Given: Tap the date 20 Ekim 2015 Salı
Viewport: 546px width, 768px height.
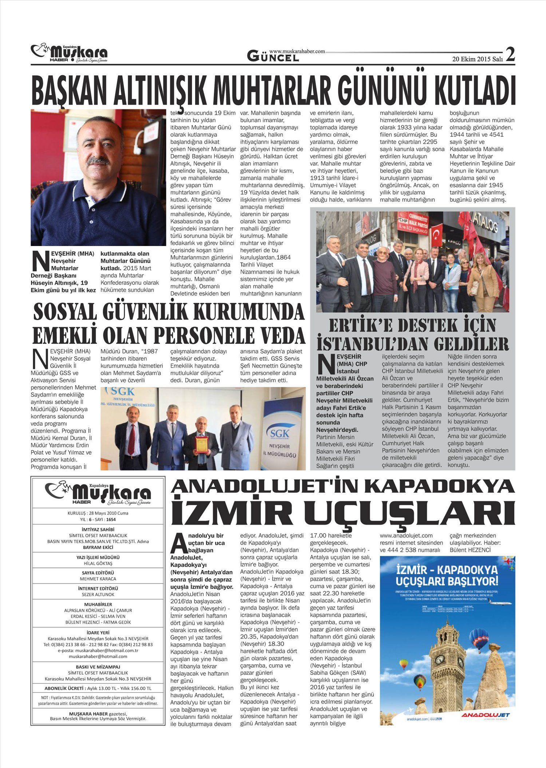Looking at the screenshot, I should click(x=477, y=59).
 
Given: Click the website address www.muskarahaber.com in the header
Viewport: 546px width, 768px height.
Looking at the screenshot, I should click(x=297, y=52).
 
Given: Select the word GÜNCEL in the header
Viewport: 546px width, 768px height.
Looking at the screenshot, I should click(x=273, y=56).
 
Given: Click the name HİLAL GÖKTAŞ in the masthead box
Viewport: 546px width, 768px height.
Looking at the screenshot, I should click(x=98, y=563).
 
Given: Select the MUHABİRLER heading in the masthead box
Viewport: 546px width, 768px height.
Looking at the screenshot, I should click(x=98, y=604).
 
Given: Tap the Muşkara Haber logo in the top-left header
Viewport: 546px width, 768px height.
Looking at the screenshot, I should click(x=69, y=54).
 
